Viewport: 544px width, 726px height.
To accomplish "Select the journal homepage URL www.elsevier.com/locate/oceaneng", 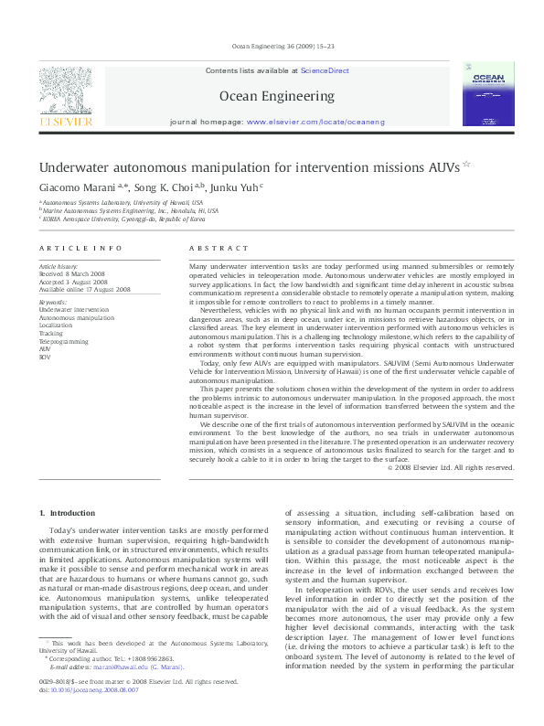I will click(315, 122).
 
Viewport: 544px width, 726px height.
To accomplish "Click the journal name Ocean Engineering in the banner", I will click(277, 95).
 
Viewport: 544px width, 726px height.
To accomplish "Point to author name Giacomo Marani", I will click(76, 187).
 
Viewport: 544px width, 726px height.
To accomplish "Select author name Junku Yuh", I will click(236, 187).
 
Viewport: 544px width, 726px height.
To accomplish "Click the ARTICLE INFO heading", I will click(80, 249).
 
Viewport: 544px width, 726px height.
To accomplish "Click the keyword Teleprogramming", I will click(64, 340).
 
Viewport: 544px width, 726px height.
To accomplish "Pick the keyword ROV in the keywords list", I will click(46, 356).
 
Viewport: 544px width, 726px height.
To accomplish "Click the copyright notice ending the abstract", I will click(451, 467).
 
